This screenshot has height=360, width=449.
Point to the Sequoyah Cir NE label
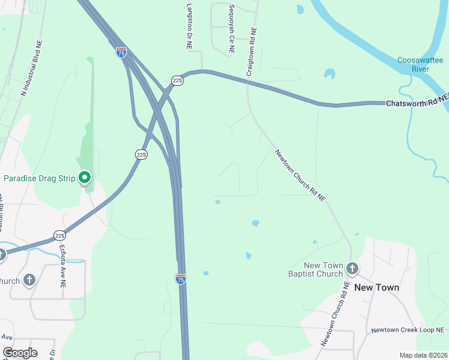[x=231, y=31]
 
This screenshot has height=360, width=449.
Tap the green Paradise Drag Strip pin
[x=85, y=177]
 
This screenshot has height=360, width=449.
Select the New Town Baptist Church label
[x=324, y=269]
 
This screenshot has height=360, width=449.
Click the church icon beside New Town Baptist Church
[x=352, y=269]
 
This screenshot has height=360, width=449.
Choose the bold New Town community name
[x=376, y=287]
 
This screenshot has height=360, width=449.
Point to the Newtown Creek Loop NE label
[x=408, y=330]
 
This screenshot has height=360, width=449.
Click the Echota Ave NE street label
[x=62, y=266]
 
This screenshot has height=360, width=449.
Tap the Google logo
[x=20, y=353]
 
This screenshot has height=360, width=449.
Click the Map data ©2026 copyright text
[x=423, y=355]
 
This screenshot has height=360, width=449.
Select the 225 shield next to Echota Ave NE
[x=59, y=235]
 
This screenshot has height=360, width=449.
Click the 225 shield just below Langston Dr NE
[x=177, y=80]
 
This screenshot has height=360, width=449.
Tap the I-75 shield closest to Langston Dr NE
[x=121, y=52]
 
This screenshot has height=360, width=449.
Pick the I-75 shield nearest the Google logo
[x=181, y=278]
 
